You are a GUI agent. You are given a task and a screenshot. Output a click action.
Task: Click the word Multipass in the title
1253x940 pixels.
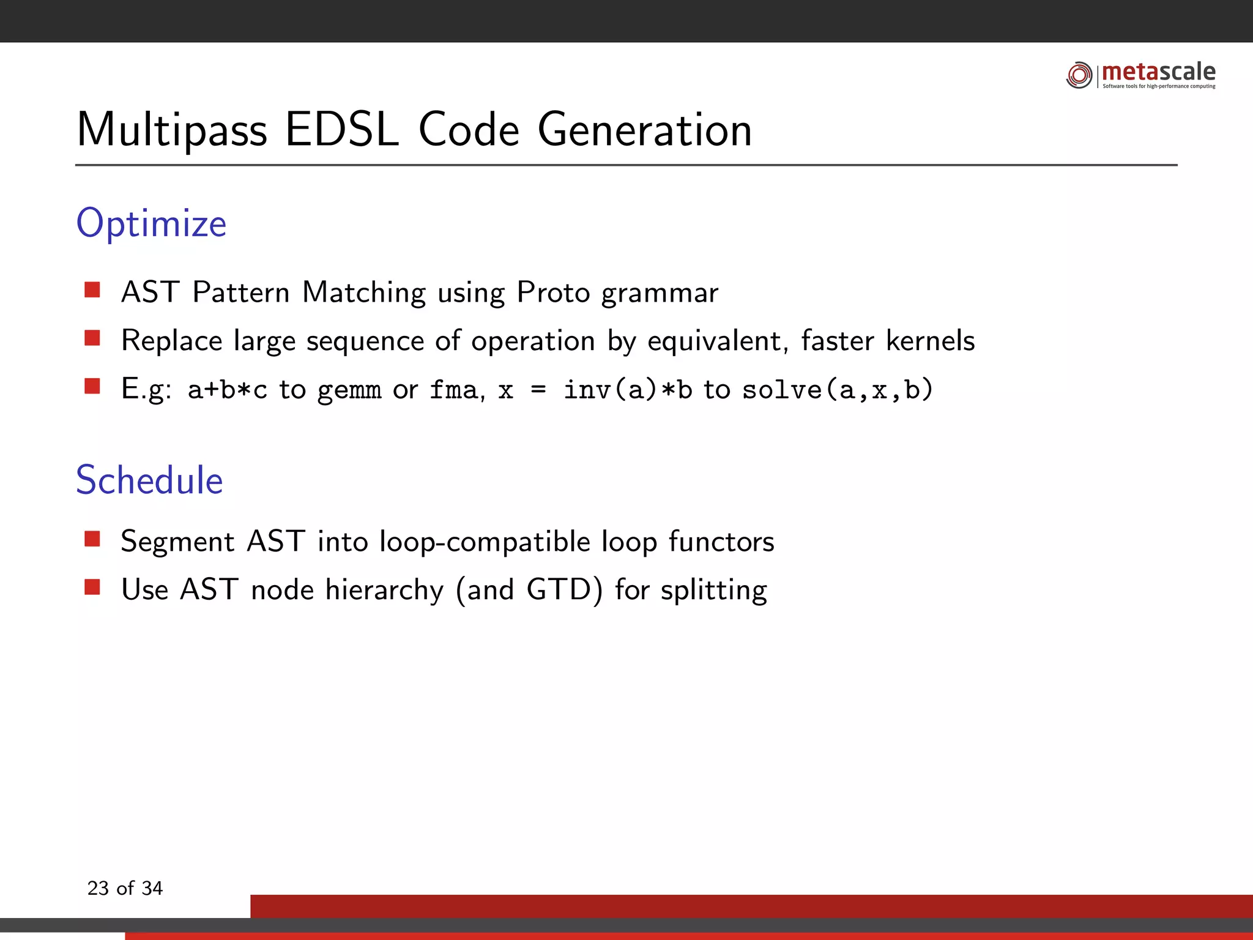click(x=172, y=130)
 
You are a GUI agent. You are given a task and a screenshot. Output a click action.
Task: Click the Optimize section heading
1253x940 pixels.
click(x=151, y=223)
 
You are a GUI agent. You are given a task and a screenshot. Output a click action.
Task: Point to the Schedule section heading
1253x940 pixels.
click(x=149, y=480)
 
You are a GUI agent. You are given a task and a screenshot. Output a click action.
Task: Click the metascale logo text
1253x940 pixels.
click(x=1158, y=72)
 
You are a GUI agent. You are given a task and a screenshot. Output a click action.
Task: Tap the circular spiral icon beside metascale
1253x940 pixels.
click(x=1079, y=75)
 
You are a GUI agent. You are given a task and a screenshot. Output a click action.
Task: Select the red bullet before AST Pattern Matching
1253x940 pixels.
click(x=92, y=289)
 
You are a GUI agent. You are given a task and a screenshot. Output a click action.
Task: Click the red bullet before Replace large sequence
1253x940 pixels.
click(x=92, y=338)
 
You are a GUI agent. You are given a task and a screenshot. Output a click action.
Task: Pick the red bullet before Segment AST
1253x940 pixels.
click(x=92, y=539)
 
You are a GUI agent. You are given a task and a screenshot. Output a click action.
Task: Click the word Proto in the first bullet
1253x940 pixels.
click(x=553, y=293)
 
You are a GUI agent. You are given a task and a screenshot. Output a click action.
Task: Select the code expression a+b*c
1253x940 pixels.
click(x=227, y=390)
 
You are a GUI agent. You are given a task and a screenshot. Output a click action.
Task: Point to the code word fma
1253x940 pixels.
click(x=453, y=390)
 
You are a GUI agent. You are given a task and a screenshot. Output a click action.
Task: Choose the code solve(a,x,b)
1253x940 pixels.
click(x=837, y=390)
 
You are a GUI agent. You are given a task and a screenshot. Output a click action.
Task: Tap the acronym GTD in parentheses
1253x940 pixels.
click(x=559, y=590)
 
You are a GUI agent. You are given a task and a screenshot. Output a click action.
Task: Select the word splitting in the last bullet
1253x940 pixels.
click(x=713, y=591)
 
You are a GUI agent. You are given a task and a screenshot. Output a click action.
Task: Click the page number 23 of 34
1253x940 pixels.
click(x=125, y=888)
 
